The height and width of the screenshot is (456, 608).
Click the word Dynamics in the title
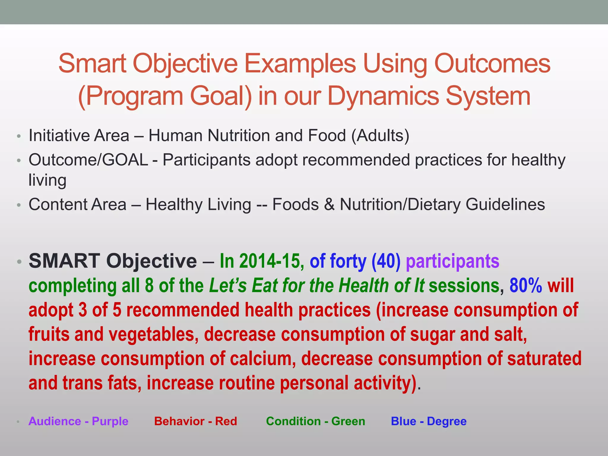(383, 96)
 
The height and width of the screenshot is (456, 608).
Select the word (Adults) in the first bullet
(380, 136)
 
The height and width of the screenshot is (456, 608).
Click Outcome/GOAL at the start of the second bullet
(88, 160)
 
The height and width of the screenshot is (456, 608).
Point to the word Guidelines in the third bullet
(505, 205)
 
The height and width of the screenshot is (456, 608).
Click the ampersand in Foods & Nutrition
(329, 205)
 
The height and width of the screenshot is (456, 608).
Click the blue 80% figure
(526, 286)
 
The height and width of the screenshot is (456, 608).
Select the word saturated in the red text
(544, 359)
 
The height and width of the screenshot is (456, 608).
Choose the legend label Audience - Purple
(78, 421)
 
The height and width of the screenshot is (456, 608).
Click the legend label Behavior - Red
(196, 421)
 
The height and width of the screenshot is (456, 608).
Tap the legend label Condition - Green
(316, 421)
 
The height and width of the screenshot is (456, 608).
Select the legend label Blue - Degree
(429, 421)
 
